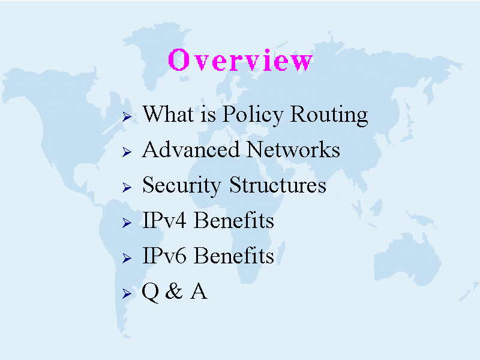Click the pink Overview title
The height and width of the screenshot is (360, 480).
(x=241, y=59)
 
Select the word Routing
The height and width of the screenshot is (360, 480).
(x=329, y=115)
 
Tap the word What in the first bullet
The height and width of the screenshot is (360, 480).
(x=168, y=113)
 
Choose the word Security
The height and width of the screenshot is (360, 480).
(x=182, y=186)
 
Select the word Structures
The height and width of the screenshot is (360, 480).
(x=278, y=185)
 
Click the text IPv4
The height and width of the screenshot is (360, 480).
(x=164, y=220)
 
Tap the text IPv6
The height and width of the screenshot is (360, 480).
(x=164, y=256)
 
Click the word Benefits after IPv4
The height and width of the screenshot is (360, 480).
(x=234, y=220)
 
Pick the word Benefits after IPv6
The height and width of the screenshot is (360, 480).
(x=234, y=256)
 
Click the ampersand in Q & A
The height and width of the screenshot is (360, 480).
(x=174, y=291)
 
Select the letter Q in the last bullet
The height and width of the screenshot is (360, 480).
(x=151, y=292)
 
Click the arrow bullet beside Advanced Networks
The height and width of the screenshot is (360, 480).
(x=127, y=152)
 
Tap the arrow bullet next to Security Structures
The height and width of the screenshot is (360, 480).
(x=127, y=187)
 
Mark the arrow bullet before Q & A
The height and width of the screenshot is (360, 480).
(x=127, y=293)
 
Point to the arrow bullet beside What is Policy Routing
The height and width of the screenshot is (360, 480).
(x=127, y=116)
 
